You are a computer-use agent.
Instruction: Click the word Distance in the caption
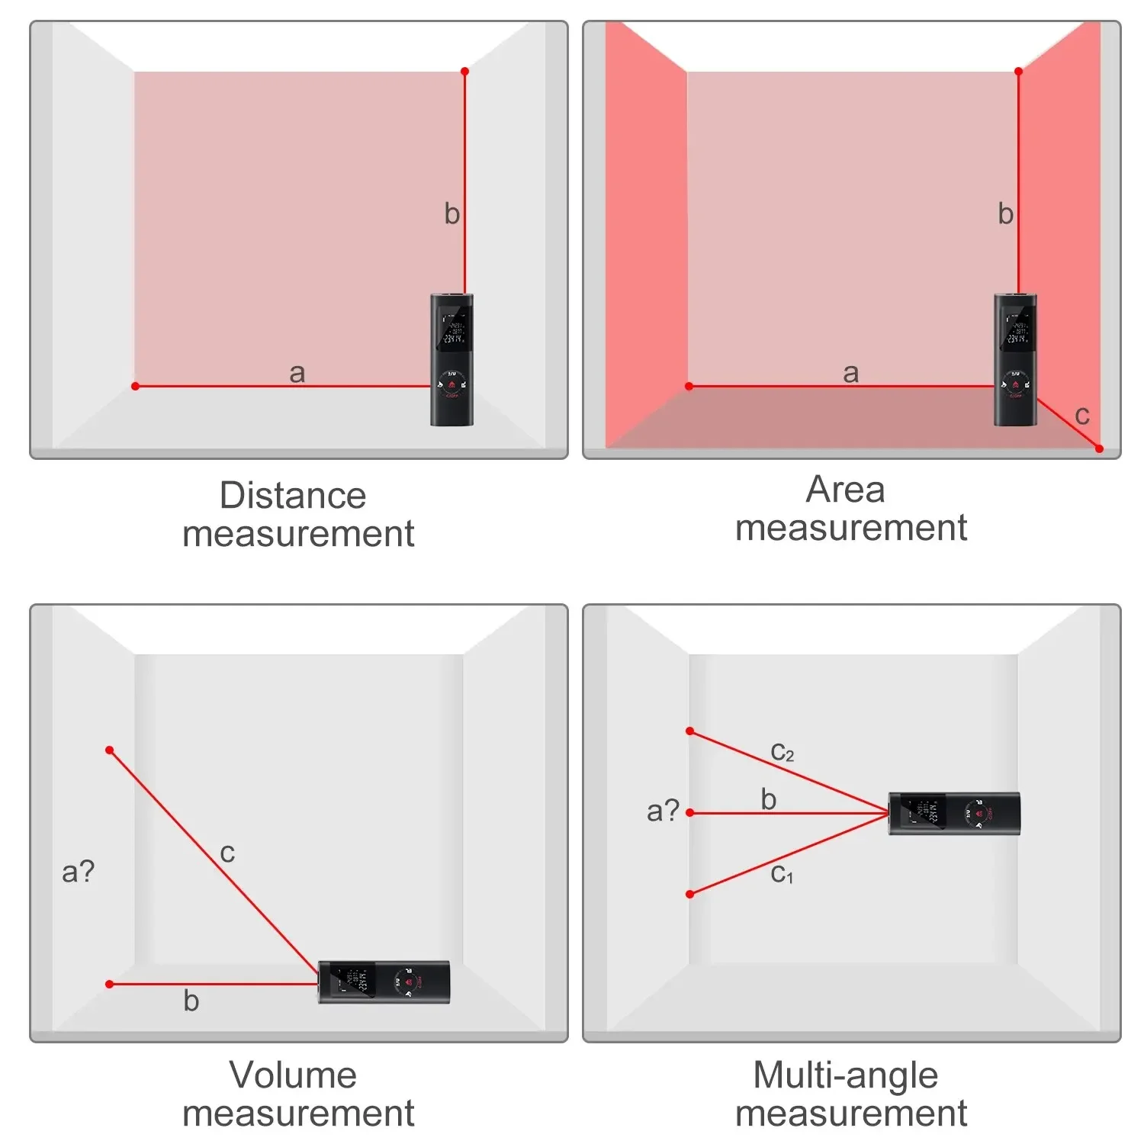293,496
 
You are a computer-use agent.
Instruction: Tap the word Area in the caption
845,490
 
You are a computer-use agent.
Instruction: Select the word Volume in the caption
293,1075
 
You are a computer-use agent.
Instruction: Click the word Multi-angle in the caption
845,1075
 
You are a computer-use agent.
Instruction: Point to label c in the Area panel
1081,416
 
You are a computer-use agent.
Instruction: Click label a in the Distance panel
297,373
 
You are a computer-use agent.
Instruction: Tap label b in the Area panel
1005,214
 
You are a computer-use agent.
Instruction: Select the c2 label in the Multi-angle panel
782,752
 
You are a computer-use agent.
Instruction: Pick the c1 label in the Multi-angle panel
782,873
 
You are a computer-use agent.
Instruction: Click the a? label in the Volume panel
78,871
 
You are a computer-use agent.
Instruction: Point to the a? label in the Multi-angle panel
663,810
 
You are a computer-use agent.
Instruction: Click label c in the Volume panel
227,853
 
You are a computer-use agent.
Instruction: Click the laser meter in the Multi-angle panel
954,814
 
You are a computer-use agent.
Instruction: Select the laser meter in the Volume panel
384,982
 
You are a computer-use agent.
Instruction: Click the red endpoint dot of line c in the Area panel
1099,448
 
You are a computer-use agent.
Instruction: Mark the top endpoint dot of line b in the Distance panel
464,72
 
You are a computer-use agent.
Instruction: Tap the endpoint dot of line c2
689,731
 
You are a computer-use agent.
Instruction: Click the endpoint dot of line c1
689,894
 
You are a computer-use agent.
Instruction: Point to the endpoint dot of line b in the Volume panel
110,984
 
